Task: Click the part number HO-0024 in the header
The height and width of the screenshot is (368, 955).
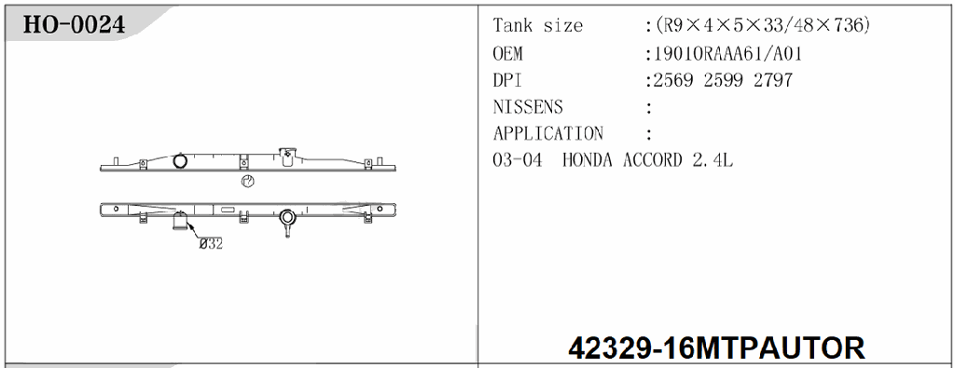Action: click(74, 24)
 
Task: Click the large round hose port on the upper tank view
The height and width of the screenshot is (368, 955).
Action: click(181, 161)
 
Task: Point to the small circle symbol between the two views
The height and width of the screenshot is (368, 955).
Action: click(247, 182)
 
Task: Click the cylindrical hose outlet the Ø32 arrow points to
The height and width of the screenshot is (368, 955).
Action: click(181, 222)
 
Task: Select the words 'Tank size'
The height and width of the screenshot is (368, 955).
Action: click(537, 26)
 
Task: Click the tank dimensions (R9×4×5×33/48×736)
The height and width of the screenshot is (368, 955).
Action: click(764, 26)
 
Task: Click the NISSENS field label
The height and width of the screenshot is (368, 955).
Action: click(528, 107)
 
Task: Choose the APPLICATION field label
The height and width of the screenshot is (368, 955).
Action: click(548, 133)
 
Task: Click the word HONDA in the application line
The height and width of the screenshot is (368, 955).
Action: click(589, 160)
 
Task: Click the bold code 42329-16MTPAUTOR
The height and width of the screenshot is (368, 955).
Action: click(716, 348)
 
